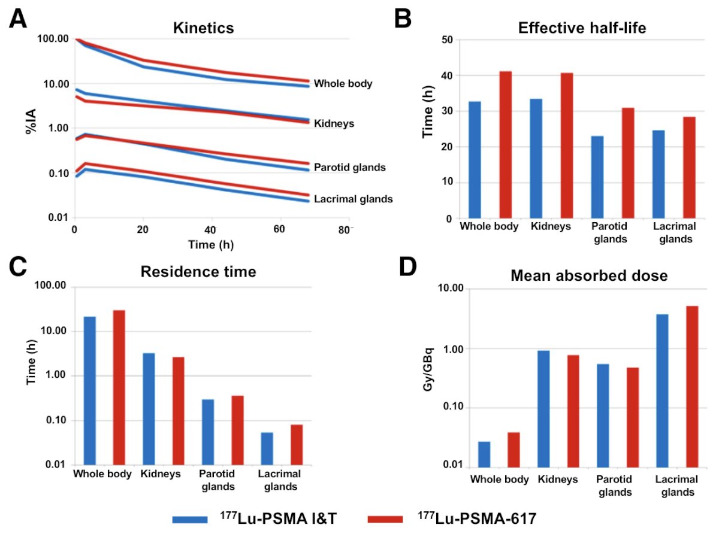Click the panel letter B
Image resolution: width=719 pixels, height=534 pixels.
pos(403,19)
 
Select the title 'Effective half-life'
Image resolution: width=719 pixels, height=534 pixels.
pos(582,28)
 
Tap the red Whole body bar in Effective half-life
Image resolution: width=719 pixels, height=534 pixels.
pos(505,145)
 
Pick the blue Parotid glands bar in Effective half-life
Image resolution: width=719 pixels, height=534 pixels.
pos(597,177)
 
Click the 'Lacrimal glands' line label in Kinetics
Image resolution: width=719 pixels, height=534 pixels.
pos(354,199)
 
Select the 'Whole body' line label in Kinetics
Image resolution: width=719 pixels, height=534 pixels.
pos(343,84)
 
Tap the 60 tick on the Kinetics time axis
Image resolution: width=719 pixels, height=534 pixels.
pos(279,229)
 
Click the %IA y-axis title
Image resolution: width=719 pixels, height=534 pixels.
pos(31,122)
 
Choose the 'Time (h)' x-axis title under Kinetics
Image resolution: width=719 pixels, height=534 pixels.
pos(211,245)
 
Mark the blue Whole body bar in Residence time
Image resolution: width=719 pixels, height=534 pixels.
pos(90,391)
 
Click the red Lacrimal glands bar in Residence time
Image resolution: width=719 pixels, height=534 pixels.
pos(297,445)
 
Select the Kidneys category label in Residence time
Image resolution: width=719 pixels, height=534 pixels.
pos(161,474)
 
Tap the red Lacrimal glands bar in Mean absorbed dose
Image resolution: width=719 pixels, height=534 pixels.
pos(692,387)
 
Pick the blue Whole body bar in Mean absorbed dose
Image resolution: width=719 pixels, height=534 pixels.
pos(484,454)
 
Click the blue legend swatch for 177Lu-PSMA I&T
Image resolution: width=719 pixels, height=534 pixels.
pos(190,520)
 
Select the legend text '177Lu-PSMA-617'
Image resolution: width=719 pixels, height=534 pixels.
pos(477,518)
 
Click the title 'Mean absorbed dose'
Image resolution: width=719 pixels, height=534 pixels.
pos(589,276)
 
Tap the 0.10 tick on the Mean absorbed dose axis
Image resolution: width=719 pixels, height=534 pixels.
pos(452,406)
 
